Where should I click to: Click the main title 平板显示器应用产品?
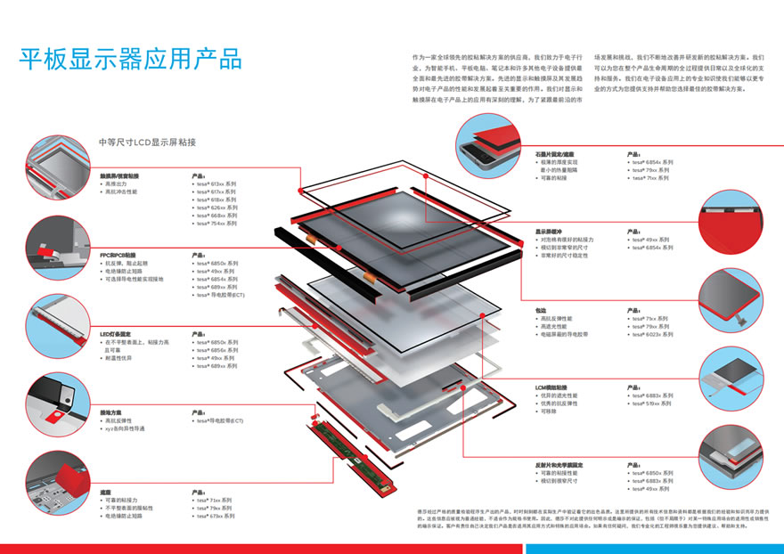130,60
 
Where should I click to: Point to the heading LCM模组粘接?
551,387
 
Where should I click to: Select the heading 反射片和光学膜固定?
559,465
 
